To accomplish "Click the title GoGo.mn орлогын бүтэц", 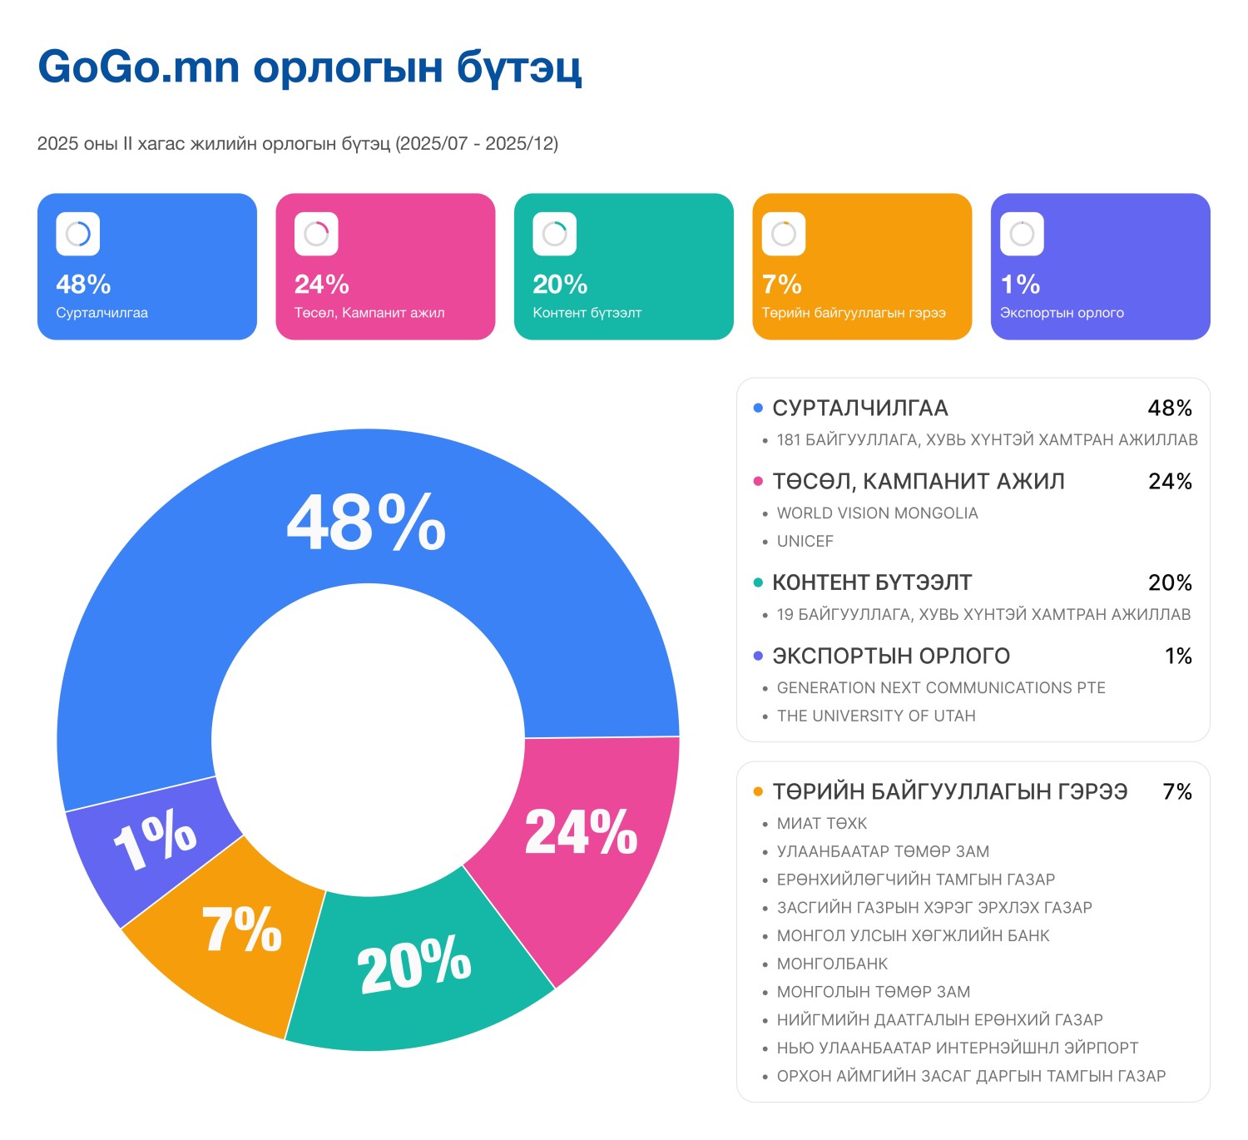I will [310, 67].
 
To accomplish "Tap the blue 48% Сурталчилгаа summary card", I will [147, 266].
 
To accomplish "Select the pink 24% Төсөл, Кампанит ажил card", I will [385, 266].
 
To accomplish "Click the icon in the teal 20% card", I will [554, 234].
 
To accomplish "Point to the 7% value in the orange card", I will [781, 285].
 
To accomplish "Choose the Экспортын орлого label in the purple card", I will [1062, 313].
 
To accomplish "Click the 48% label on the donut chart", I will [366, 523].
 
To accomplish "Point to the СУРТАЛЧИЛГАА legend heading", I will [860, 408].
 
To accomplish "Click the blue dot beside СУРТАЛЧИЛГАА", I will [758, 408].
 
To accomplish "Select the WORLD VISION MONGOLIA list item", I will [877, 513].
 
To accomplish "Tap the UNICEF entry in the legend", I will [805, 542].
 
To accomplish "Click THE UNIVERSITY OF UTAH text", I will [876, 716].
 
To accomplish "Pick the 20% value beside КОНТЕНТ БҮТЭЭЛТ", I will [1170, 582].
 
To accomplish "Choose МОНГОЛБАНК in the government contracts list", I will [832, 964].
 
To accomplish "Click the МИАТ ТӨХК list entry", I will [822, 824].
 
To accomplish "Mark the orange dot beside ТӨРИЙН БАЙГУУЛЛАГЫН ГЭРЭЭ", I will [758, 791].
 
